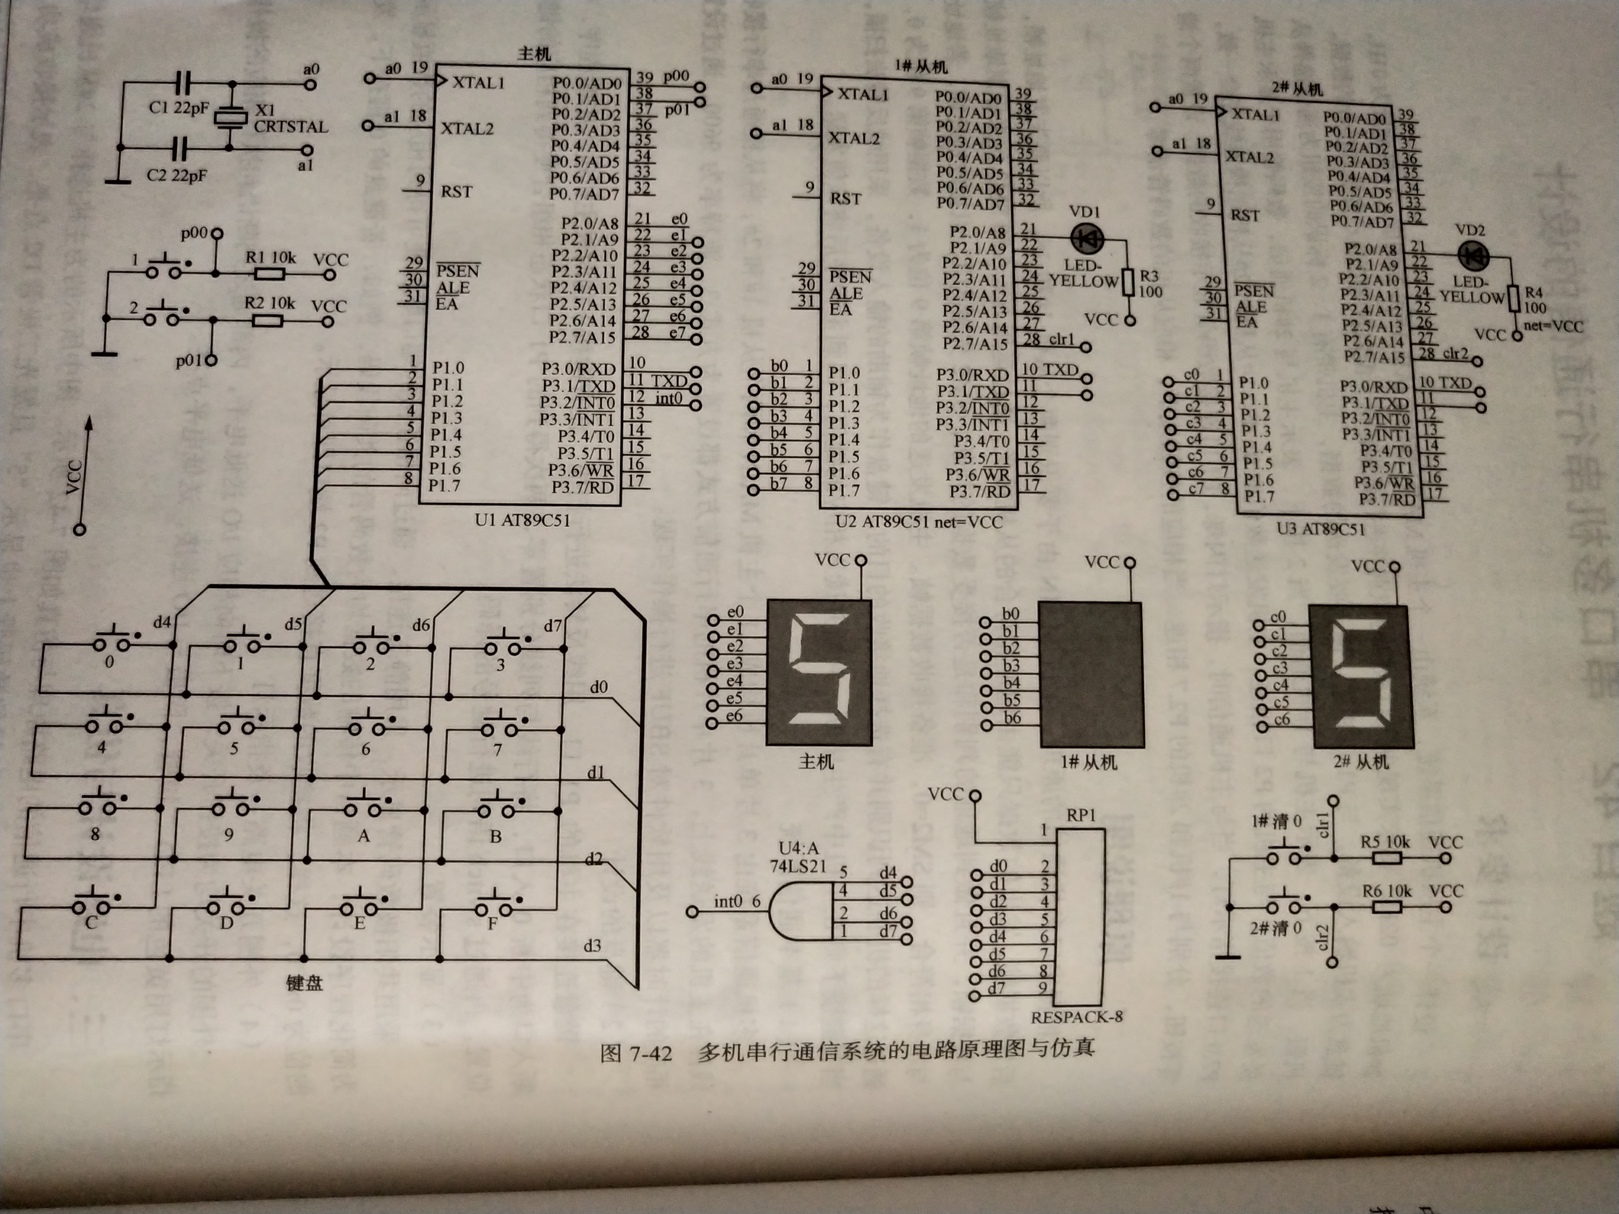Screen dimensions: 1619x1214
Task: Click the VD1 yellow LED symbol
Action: point(1086,238)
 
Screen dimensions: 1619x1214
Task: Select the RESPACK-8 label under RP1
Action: point(1076,1016)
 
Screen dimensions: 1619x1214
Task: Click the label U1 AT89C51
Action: point(522,520)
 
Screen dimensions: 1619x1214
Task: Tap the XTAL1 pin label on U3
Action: point(1256,115)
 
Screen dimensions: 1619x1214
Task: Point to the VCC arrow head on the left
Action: point(89,423)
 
